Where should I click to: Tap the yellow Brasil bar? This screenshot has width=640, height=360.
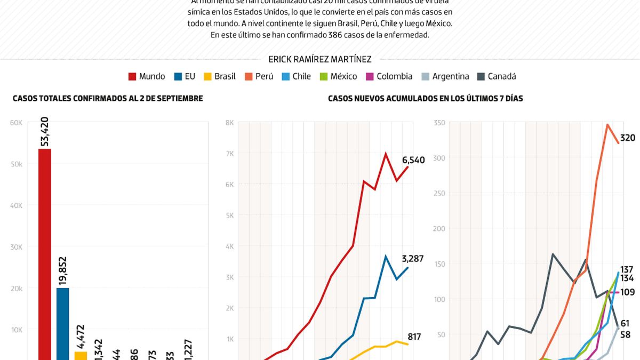coord(81,355)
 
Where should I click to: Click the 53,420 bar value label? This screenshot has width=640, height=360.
coord(45,132)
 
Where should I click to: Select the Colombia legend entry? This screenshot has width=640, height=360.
coord(389,76)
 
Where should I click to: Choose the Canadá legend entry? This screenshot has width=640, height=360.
coord(496,76)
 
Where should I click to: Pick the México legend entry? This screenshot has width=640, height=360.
coord(338,76)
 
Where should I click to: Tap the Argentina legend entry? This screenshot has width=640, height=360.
coord(445,76)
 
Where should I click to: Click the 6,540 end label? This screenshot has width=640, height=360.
coord(413,159)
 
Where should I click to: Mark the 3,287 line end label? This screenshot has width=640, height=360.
coord(412,259)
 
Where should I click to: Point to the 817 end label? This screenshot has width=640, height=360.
coord(414,337)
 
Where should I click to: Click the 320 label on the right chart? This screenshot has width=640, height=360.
coord(628,138)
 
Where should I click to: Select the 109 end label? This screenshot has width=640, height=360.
coord(628,292)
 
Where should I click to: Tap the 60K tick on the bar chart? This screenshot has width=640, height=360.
coord(17,123)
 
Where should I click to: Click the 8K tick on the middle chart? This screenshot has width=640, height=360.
coord(229,123)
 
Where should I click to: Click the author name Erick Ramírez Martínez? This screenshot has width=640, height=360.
coord(320,59)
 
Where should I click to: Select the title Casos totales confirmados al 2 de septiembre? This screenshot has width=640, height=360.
coord(108,98)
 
